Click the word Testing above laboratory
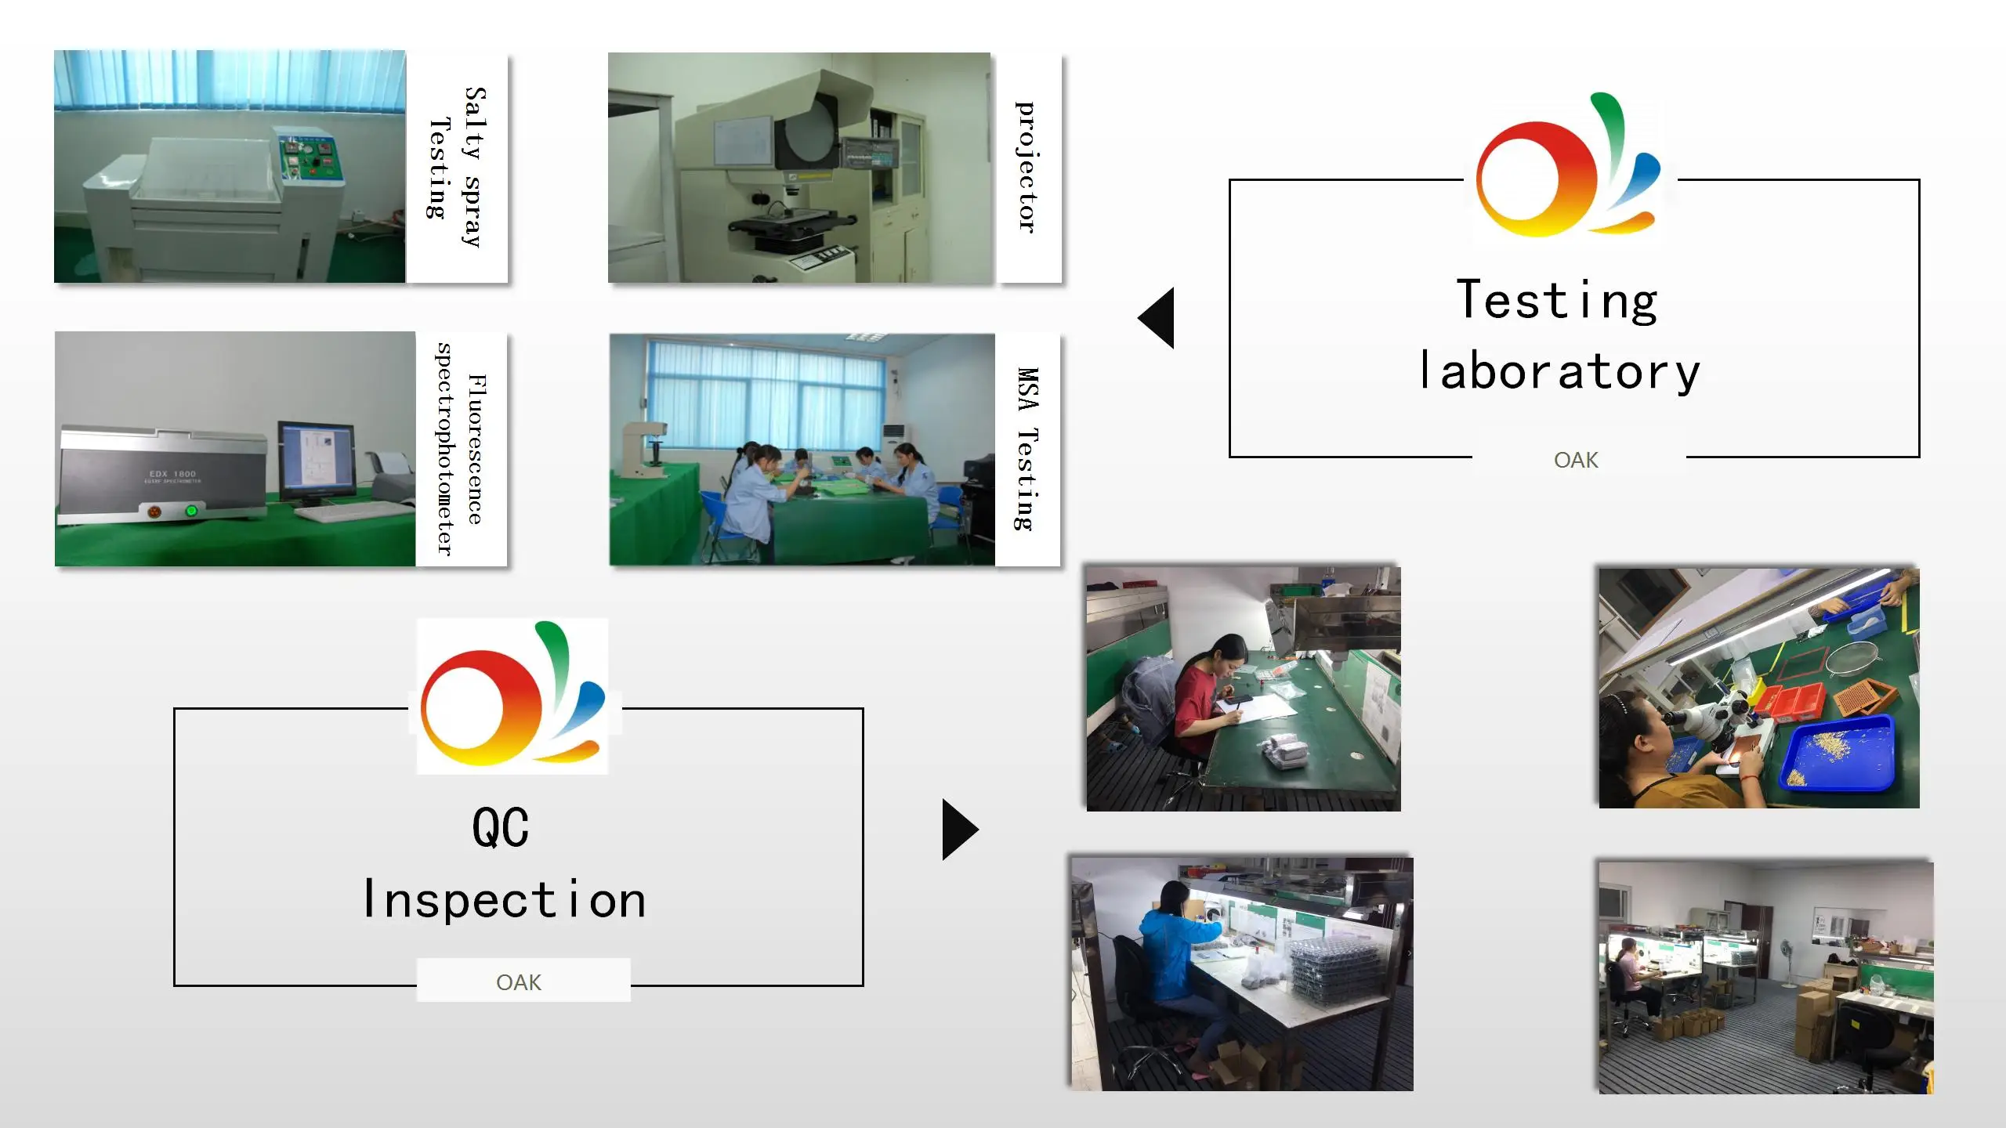tap(1557, 300)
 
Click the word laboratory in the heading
tap(1559, 371)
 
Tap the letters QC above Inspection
tap(501, 827)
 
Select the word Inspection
tap(505, 899)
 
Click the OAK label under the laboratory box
tap(1576, 460)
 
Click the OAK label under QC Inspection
tap(519, 982)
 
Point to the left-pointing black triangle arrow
tap(1157, 317)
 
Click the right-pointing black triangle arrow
tap(959, 830)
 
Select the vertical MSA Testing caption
tap(1027, 449)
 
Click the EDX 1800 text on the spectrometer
tap(172, 474)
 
